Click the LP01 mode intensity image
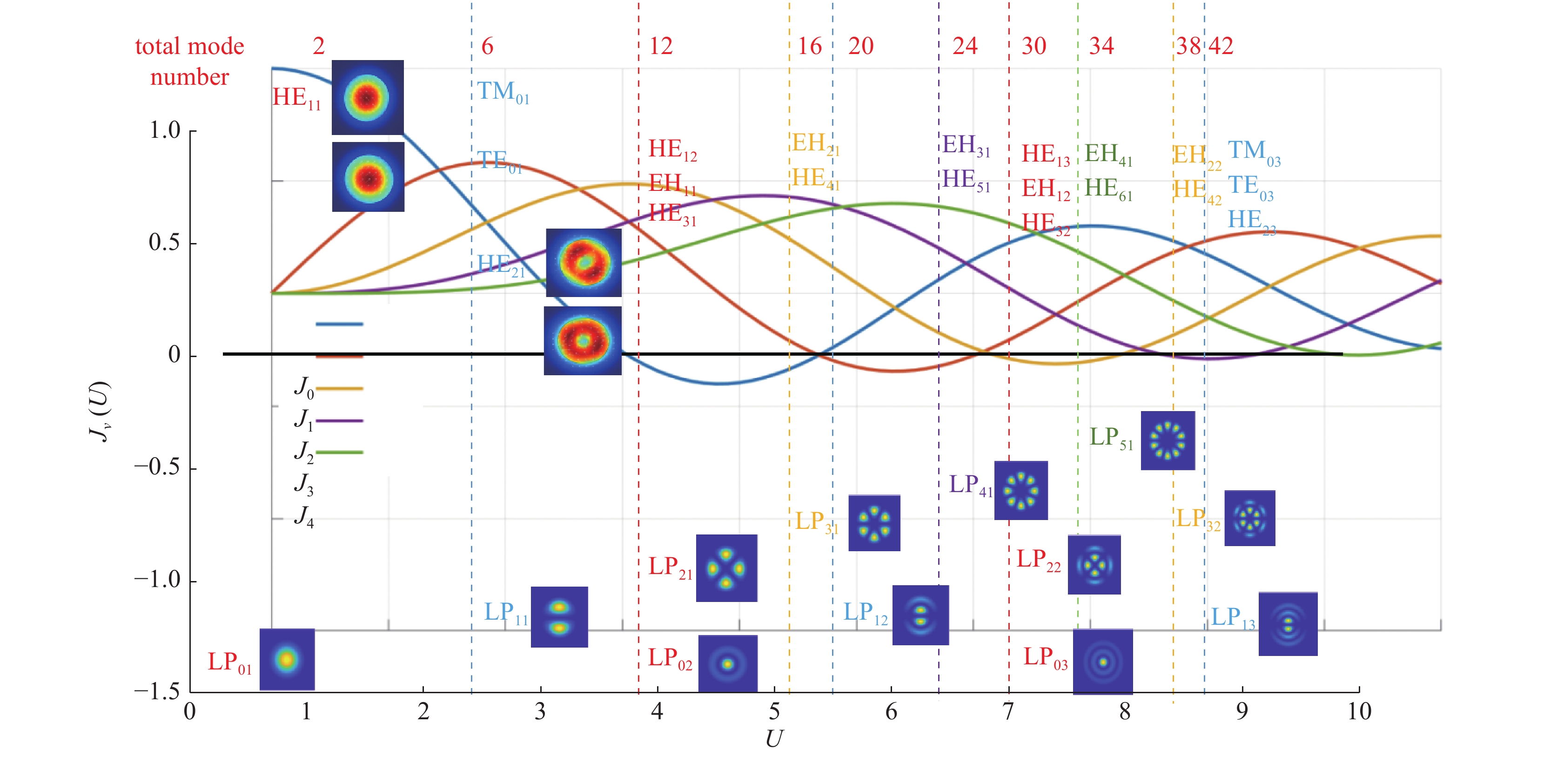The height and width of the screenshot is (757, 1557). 287,659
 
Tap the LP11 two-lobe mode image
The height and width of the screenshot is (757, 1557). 559,617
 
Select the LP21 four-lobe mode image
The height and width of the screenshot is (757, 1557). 726,568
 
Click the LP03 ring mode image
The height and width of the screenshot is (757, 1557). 1103,662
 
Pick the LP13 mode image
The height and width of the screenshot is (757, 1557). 1288,624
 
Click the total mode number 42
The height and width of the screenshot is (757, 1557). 1221,46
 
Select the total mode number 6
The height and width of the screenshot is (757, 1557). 487,46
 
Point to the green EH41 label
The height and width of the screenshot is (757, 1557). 1108,155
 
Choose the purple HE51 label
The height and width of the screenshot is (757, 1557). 966,180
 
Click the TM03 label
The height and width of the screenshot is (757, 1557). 1254,152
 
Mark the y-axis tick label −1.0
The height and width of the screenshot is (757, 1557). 157,579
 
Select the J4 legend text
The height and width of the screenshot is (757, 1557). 303,517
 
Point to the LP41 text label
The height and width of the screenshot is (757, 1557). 971,486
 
